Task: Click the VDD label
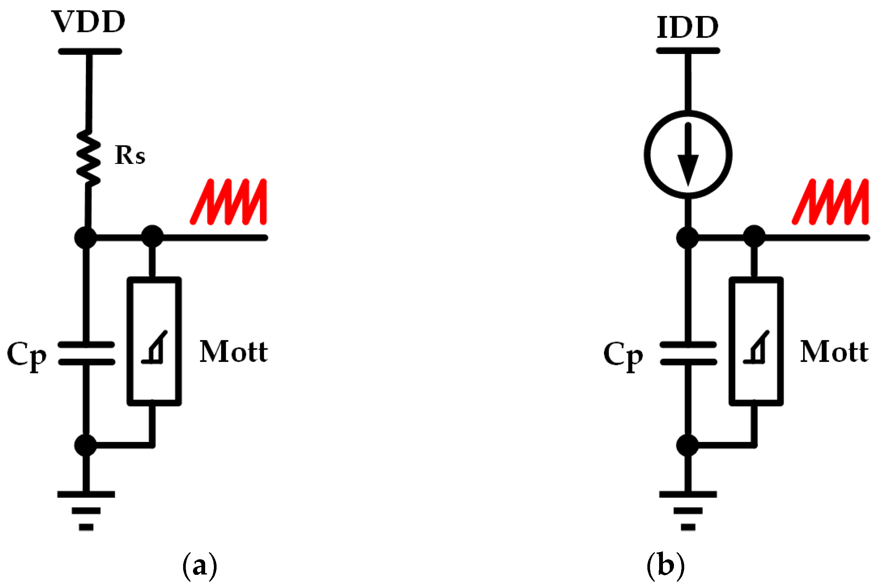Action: (x=88, y=22)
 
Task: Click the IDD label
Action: (x=687, y=27)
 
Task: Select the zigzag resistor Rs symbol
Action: (x=89, y=157)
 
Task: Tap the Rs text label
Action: (x=130, y=156)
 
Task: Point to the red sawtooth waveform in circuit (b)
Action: (x=830, y=202)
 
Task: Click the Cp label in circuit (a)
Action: (x=27, y=355)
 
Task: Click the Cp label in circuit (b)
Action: (x=623, y=355)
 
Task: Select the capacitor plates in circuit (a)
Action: (x=87, y=353)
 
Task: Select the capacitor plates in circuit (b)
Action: (x=688, y=353)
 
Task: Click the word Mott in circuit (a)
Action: (x=234, y=352)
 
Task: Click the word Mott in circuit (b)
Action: (x=834, y=352)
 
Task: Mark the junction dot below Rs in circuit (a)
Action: (x=86, y=238)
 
